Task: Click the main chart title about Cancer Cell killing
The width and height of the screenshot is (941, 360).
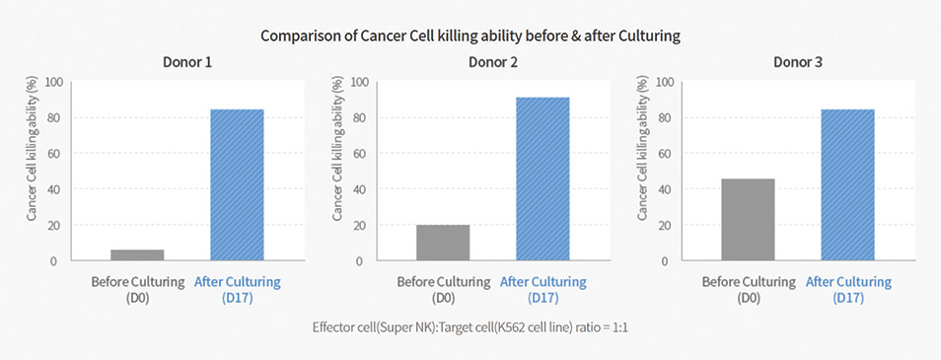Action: (470, 36)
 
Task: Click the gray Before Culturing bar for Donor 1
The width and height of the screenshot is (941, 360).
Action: (137, 255)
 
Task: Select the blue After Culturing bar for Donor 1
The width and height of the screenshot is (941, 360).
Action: (237, 184)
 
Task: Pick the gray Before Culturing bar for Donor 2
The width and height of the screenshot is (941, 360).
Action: (443, 243)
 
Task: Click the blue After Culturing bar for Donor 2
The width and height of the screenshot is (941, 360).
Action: (543, 179)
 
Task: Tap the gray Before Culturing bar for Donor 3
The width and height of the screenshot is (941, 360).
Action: (749, 219)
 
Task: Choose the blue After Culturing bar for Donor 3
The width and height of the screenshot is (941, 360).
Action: (848, 184)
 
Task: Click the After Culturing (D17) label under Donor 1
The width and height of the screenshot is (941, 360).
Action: (237, 289)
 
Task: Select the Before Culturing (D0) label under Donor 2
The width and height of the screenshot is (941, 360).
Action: (443, 289)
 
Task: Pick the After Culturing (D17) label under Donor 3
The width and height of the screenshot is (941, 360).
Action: (848, 289)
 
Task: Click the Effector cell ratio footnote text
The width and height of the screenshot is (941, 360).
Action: (470, 324)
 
